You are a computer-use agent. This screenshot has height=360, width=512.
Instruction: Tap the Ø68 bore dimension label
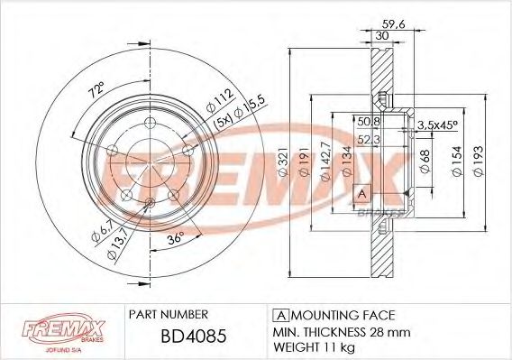point(425,163)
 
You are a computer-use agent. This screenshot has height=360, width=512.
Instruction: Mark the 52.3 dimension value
point(367,138)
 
